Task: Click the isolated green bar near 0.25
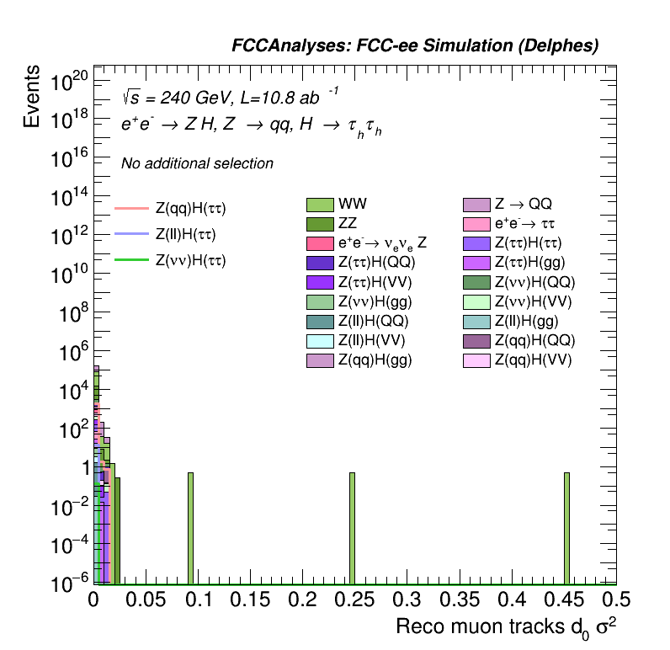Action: [x=352, y=527]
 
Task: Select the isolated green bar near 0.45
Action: [x=566, y=527]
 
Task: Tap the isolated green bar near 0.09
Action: [x=190, y=527]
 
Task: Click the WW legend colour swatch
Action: [x=320, y=205]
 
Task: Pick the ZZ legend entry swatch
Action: [x=320, y=224]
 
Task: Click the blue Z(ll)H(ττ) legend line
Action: [x=130, y=233]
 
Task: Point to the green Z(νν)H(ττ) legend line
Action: [x=130, y=260]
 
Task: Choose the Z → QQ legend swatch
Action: [x=476, y=205]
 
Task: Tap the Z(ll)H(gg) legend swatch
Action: [x=476, y=321]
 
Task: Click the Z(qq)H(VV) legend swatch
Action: [x=476, y=360]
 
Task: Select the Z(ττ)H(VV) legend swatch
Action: [x=320, y=282]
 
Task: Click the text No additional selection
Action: [x=197, y=163]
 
